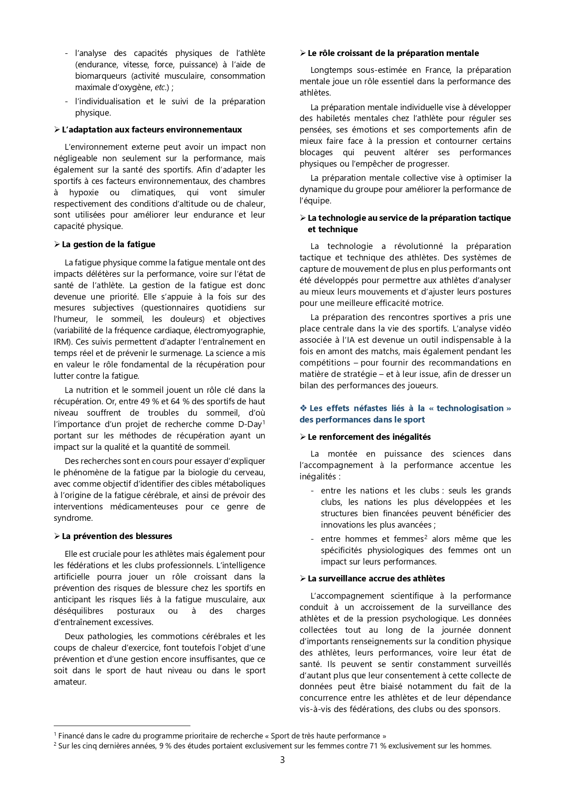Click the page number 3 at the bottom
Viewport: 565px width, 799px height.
[282, 760]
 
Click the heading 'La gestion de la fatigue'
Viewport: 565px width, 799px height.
[108, 244]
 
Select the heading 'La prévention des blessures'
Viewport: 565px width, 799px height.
[117, 536]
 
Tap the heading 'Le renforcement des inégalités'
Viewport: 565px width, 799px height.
[369, 437]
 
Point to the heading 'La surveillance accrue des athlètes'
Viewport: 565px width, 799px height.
[376, 579]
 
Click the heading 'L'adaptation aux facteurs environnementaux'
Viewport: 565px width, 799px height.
[152, 130]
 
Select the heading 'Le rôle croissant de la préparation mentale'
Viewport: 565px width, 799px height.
[393, 53]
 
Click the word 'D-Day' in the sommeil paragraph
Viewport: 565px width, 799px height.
[249, 424]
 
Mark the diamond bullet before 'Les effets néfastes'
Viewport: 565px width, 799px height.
[303, 408]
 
